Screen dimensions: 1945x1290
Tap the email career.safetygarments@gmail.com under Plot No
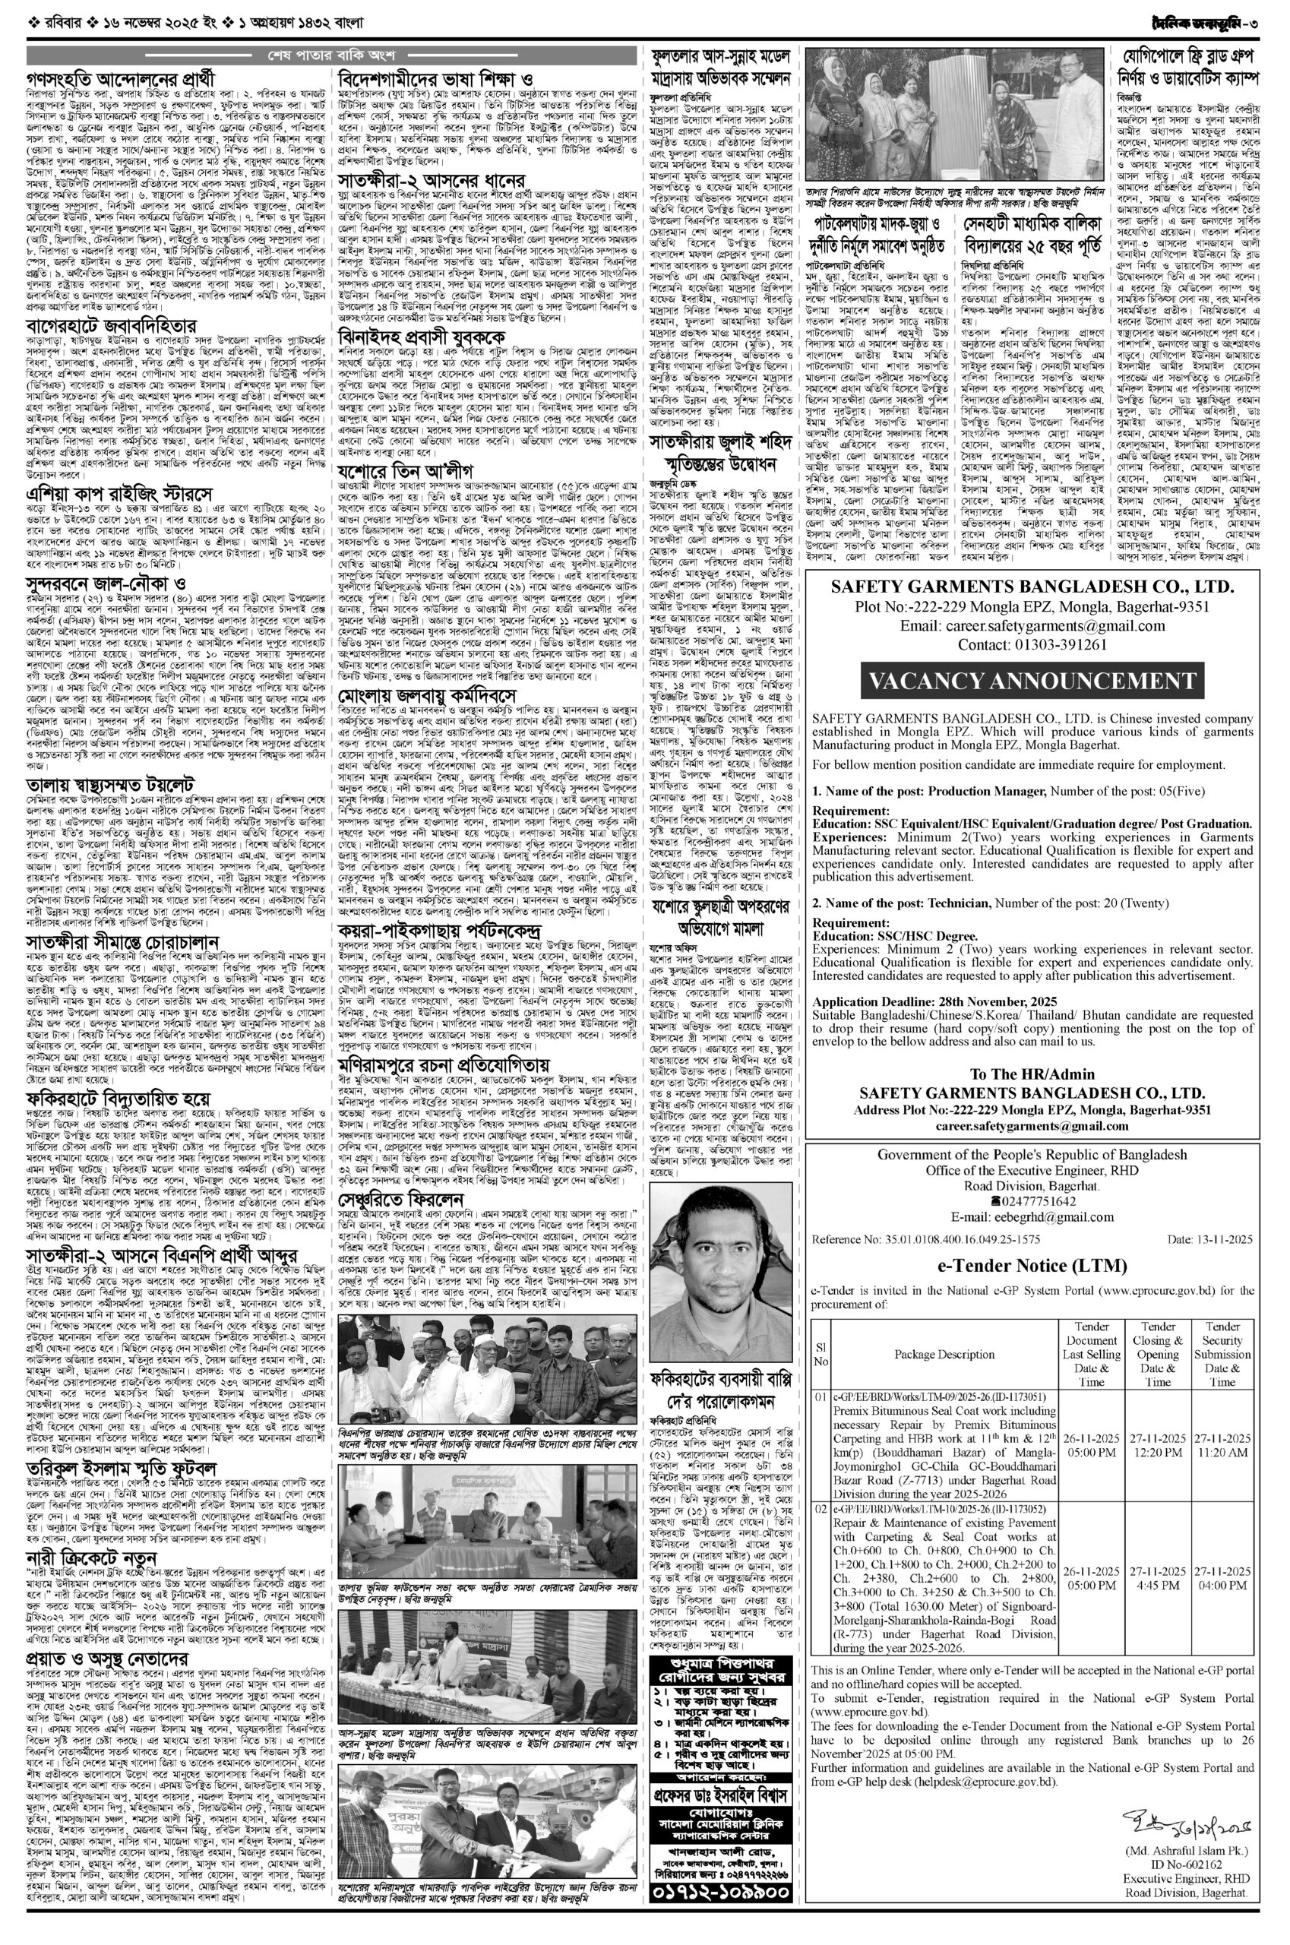pos(1032,626)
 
